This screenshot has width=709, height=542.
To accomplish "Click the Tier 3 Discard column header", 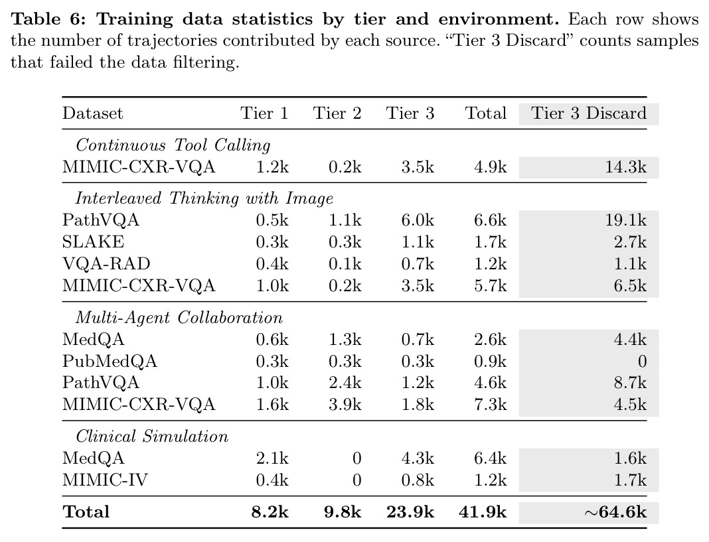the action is coord(589,113).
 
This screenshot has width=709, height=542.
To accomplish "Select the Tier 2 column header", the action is coord(337,113).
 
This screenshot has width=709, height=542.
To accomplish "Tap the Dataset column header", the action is coord(93,113).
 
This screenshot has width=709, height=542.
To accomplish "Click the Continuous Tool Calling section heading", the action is coord(173,145).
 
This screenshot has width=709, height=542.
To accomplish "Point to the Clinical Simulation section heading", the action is coord(152,437).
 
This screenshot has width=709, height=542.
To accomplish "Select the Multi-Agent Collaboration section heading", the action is coord(179,317).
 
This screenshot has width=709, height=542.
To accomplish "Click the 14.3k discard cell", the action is coord(626,167).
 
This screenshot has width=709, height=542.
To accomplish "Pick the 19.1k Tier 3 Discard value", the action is coord(626,220).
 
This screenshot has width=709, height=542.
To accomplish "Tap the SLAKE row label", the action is coord(93,242).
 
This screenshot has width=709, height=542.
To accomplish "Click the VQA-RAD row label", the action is coord(106,263).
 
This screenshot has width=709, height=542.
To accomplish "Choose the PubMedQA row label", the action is coord(110,361).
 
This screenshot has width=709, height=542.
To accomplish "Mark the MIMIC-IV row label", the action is coord(105,480).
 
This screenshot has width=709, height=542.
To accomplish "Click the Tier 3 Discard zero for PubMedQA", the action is coord(642,361).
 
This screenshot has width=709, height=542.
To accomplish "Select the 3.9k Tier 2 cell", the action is coord(345,404).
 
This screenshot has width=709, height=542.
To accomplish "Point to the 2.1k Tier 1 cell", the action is coord(272,458).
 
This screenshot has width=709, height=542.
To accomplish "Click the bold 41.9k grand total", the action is coord(483,512).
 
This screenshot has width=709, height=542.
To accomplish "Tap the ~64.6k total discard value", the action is coord(615,512).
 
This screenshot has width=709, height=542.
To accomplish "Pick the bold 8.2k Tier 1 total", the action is coord(270,512).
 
